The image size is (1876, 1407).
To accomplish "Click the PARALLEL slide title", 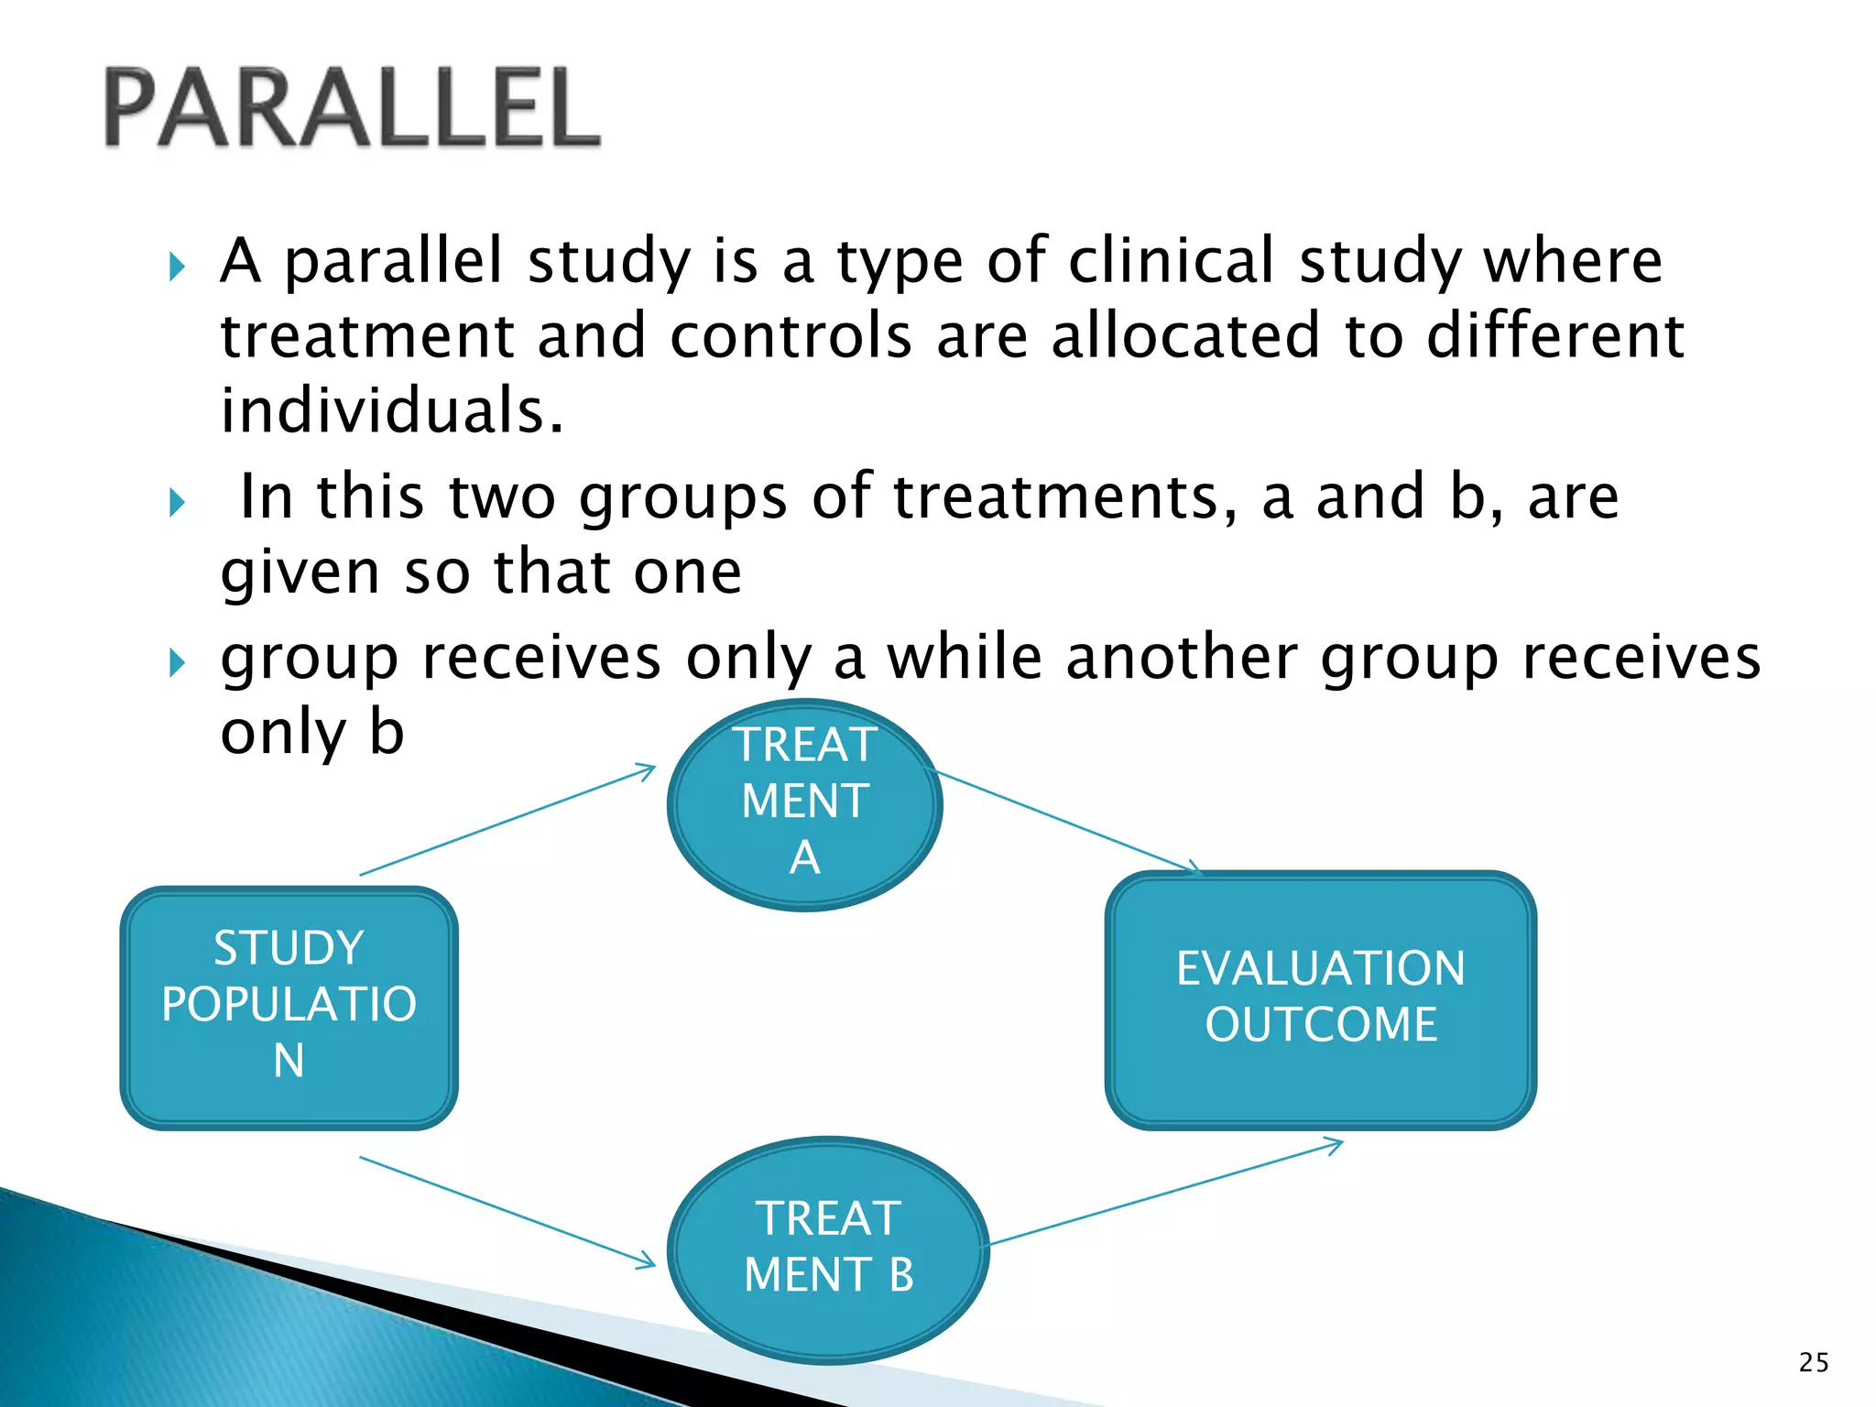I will [353, 108].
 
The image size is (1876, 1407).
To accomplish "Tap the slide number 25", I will [1813, 1363].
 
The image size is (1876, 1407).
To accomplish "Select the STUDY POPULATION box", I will [289, 1008].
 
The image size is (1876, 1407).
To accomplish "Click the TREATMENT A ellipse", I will [804, 803].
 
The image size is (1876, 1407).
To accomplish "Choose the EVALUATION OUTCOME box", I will [1320, 998].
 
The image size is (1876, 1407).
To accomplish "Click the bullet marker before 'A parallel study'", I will [178, 267].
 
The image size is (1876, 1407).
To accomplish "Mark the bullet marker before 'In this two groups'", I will [178, 502].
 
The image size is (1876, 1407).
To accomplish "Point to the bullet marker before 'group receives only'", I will [178, 662].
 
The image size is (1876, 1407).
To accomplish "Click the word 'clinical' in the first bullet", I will [1172, 261].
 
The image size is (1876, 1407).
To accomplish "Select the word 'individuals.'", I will [392, 410].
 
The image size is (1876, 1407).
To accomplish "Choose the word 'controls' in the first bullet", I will [791, 335].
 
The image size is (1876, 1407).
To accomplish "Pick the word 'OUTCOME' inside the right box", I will [1320, 1024].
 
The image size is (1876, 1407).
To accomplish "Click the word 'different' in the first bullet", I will [1554, 335].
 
